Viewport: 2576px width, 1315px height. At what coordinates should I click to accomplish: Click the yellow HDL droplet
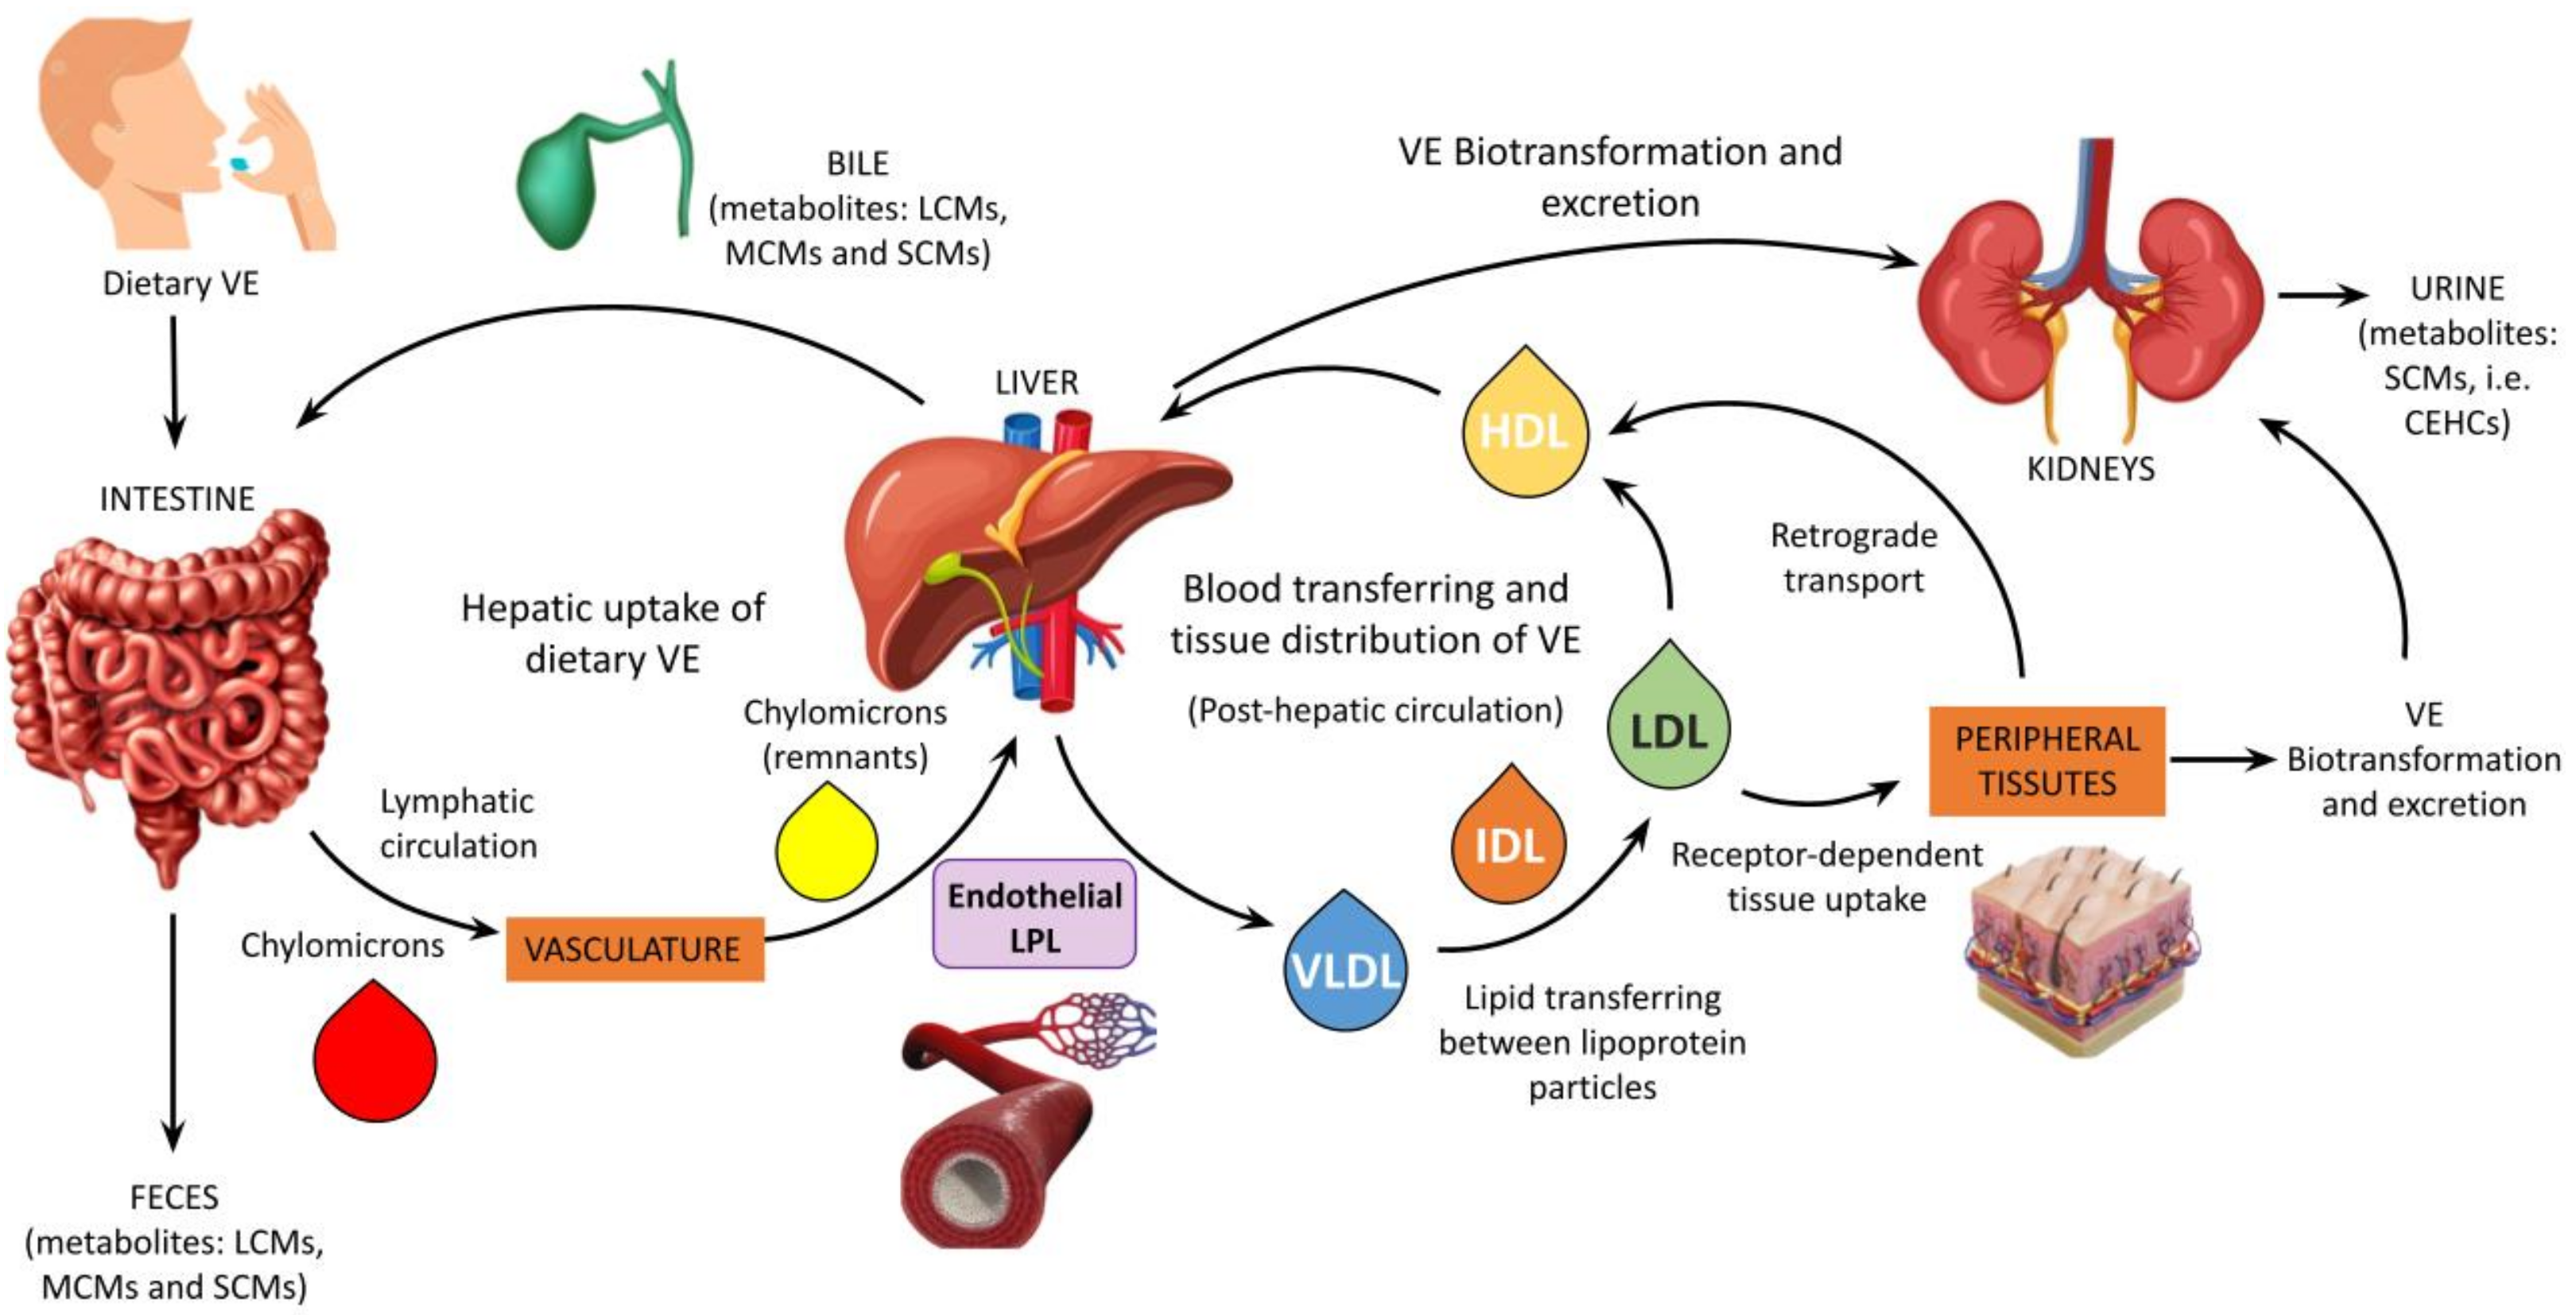[1523, 432]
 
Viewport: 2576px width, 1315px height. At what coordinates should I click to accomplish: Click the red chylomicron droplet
[375, 1060]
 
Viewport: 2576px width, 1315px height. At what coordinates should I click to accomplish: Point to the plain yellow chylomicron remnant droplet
[827, 848]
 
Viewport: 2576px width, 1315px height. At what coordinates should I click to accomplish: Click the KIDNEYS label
[2090, 468]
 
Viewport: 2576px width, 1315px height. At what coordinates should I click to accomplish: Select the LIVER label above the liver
[1036, 382]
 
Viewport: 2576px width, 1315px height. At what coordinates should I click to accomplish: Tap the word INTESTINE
[177, 498]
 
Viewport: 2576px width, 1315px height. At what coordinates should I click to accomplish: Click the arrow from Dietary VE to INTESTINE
[174, 380]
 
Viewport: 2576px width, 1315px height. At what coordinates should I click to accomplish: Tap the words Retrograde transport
[1853, 558]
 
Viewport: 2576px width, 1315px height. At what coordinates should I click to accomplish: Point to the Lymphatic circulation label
[458, 823]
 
